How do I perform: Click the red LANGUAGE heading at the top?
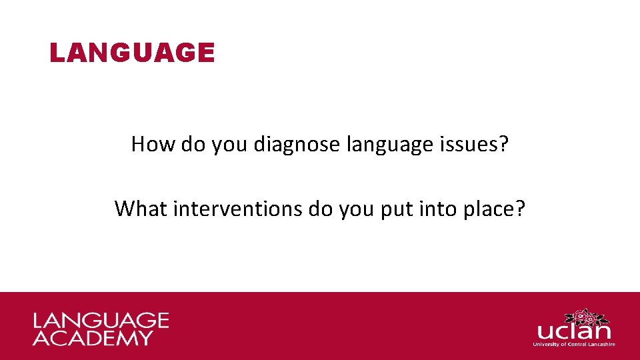coord(132,53)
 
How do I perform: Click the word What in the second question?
coord(141,208)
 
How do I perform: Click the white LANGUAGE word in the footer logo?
coord(101,321)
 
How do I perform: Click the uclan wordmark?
coord(573,331)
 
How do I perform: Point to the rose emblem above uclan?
coord(585,316)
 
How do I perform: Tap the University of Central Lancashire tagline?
coord(573,344)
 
